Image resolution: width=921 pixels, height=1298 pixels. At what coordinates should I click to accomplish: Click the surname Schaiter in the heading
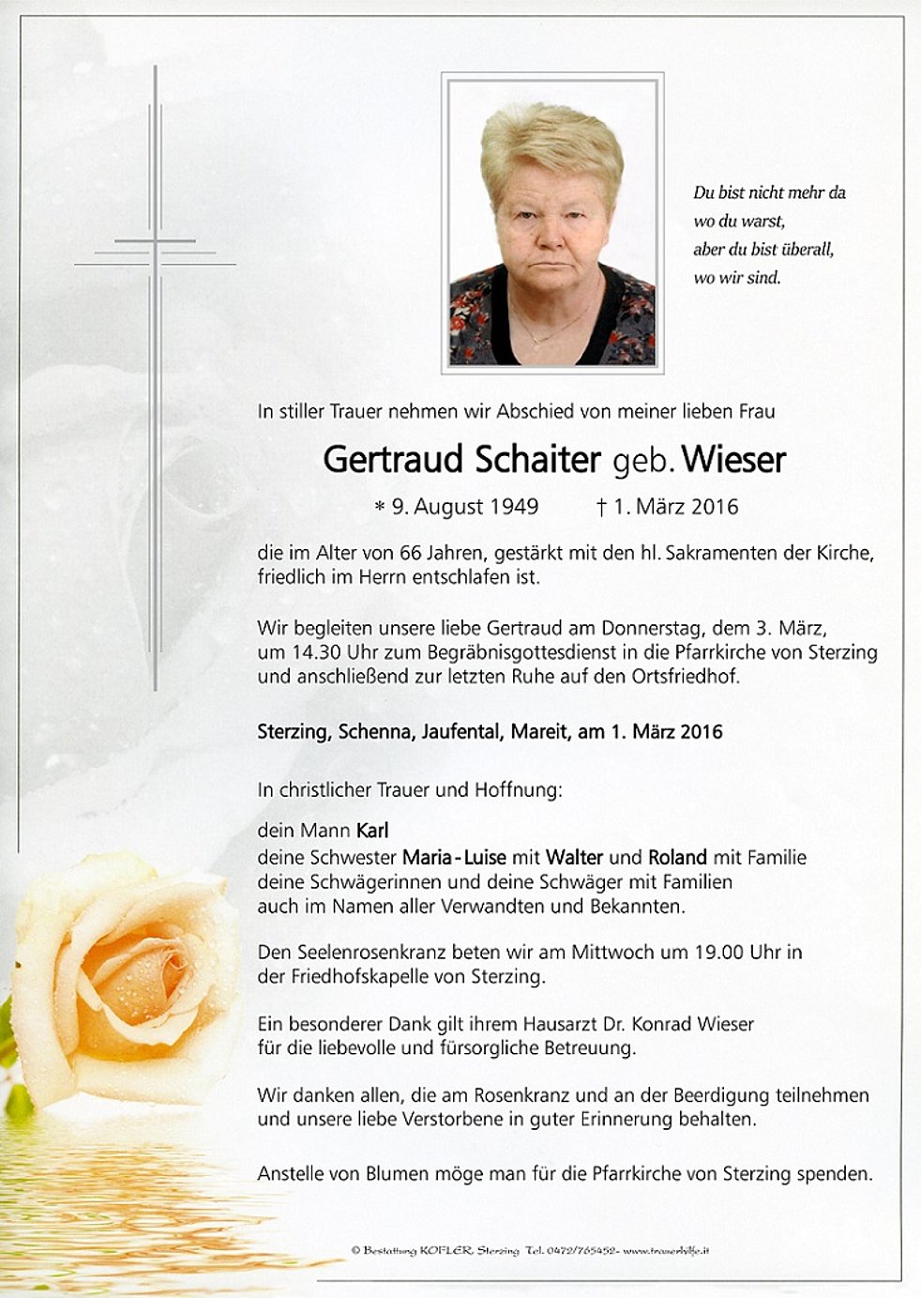tap(537, 460)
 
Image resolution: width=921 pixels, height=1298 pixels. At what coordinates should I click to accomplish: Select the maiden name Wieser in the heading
tap(733, 460)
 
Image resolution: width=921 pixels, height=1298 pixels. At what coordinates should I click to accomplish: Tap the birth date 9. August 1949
tap(464, 507)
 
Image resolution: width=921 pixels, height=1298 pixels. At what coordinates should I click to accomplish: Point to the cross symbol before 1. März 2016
tap(601, 508)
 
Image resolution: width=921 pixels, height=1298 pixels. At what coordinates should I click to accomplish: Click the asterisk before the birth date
tap(379, 508)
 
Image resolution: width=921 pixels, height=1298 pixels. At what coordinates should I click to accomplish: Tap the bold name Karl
tap(372, 831)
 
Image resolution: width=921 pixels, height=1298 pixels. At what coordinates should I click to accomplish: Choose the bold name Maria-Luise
tap(454, 857)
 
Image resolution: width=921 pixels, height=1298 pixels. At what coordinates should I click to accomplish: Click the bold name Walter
tap(574, 857)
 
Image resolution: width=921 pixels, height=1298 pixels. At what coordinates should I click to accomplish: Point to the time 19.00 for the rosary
tap(719, 952)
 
